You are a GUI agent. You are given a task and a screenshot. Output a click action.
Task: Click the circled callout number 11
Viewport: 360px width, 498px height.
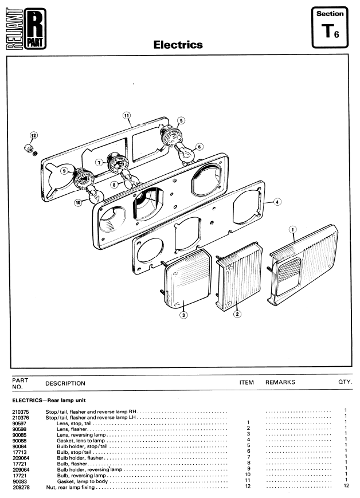click(x=127, y=116)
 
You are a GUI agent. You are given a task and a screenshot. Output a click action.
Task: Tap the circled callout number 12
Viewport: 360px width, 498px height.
click(x=33, y=136)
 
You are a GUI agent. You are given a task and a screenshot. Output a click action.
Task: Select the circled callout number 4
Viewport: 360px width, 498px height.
click(x=277, y=202)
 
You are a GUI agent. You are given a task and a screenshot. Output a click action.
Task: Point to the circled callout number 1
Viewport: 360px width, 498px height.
click(x=292, y=230)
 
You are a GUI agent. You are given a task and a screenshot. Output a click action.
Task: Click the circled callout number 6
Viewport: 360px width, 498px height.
click(x=199, y=147)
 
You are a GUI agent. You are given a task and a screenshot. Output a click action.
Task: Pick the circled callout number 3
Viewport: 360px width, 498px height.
click(x=183, y=315)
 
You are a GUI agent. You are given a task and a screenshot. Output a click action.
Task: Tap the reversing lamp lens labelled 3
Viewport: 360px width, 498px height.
click(x=188, y=279)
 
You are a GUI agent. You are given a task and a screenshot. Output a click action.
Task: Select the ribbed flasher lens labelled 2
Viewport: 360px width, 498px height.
click(x=239, y=276)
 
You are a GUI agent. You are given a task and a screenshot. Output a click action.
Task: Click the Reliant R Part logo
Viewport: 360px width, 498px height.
click(x=26, y=29)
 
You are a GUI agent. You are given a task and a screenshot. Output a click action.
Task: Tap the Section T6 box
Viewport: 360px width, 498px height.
click(x=330, y=28)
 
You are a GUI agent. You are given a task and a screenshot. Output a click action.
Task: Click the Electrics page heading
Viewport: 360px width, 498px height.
click(x=178, y=45)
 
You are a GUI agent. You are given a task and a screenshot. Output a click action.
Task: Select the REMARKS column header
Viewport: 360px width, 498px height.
click(x=280, y=382)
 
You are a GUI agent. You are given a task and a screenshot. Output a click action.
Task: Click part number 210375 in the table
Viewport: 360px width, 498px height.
click(x=20, y=412)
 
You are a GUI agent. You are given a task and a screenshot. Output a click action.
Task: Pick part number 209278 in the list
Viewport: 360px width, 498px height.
click(x=21, y=487)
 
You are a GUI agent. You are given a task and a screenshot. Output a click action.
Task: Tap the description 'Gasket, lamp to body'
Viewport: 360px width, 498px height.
click(x=83, y=481)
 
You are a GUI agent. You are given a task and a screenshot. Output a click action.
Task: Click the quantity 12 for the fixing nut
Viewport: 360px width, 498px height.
click(x=346, y=485)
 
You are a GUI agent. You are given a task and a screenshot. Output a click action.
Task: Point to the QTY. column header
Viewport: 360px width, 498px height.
click(x=346, y=382)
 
